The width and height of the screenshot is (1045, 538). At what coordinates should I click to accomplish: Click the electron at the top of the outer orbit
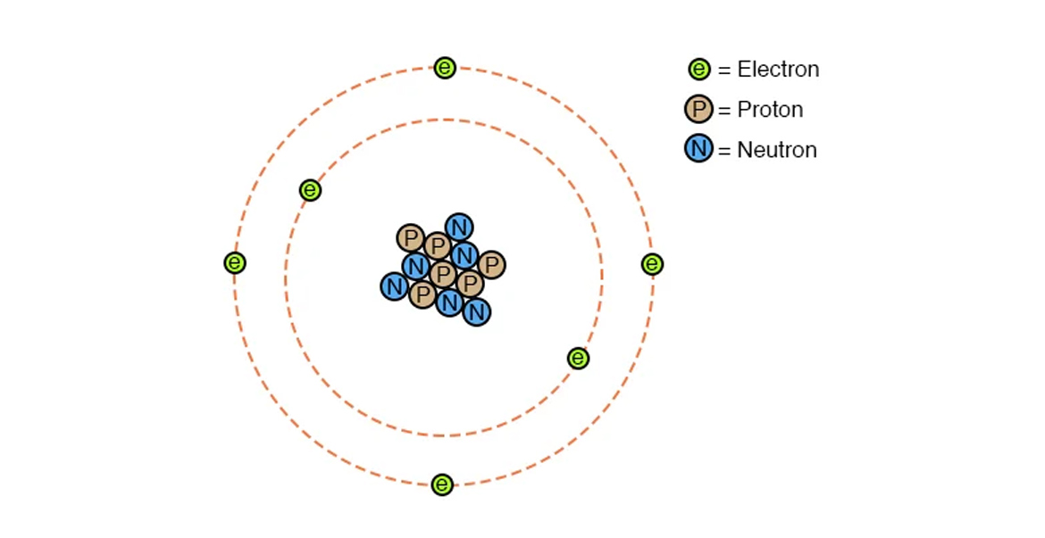click(445, 68)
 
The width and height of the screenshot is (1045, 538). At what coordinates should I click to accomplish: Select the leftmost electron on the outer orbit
click(235, 263)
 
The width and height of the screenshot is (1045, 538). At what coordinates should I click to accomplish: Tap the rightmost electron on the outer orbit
click(652, 264)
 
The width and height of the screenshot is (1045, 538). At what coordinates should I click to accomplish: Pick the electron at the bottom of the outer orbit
click(442, 484)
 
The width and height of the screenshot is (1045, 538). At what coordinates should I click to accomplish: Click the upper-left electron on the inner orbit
click(310, 190)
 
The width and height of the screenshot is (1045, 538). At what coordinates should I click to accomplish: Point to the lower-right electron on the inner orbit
click(578, 359)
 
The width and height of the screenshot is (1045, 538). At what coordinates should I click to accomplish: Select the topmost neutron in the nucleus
click(459, 228)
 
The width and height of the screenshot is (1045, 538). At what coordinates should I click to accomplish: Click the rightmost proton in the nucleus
click(491, 265)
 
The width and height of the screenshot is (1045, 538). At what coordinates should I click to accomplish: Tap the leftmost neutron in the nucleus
click(394, 286)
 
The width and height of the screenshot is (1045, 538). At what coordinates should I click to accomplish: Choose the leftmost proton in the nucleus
click(410, 238)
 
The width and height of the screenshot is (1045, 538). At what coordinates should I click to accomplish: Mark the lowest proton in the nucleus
click(422, 294)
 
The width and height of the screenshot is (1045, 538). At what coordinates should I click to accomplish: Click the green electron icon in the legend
click(698, 69)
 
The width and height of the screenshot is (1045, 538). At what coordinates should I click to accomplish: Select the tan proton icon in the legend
click(698, 110)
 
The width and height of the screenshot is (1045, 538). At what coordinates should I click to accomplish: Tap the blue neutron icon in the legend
click(698, 149)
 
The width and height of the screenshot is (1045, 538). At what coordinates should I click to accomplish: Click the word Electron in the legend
click(778, 70)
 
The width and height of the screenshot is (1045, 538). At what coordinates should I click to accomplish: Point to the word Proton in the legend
click(770, 111)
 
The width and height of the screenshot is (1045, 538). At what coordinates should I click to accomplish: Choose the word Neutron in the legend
click(776, 150)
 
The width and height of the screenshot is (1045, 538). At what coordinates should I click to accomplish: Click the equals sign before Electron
click(724, 70)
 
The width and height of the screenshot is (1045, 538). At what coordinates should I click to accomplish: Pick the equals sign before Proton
click(724, 111)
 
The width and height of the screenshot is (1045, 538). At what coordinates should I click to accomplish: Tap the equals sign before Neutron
click(724, 150)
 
